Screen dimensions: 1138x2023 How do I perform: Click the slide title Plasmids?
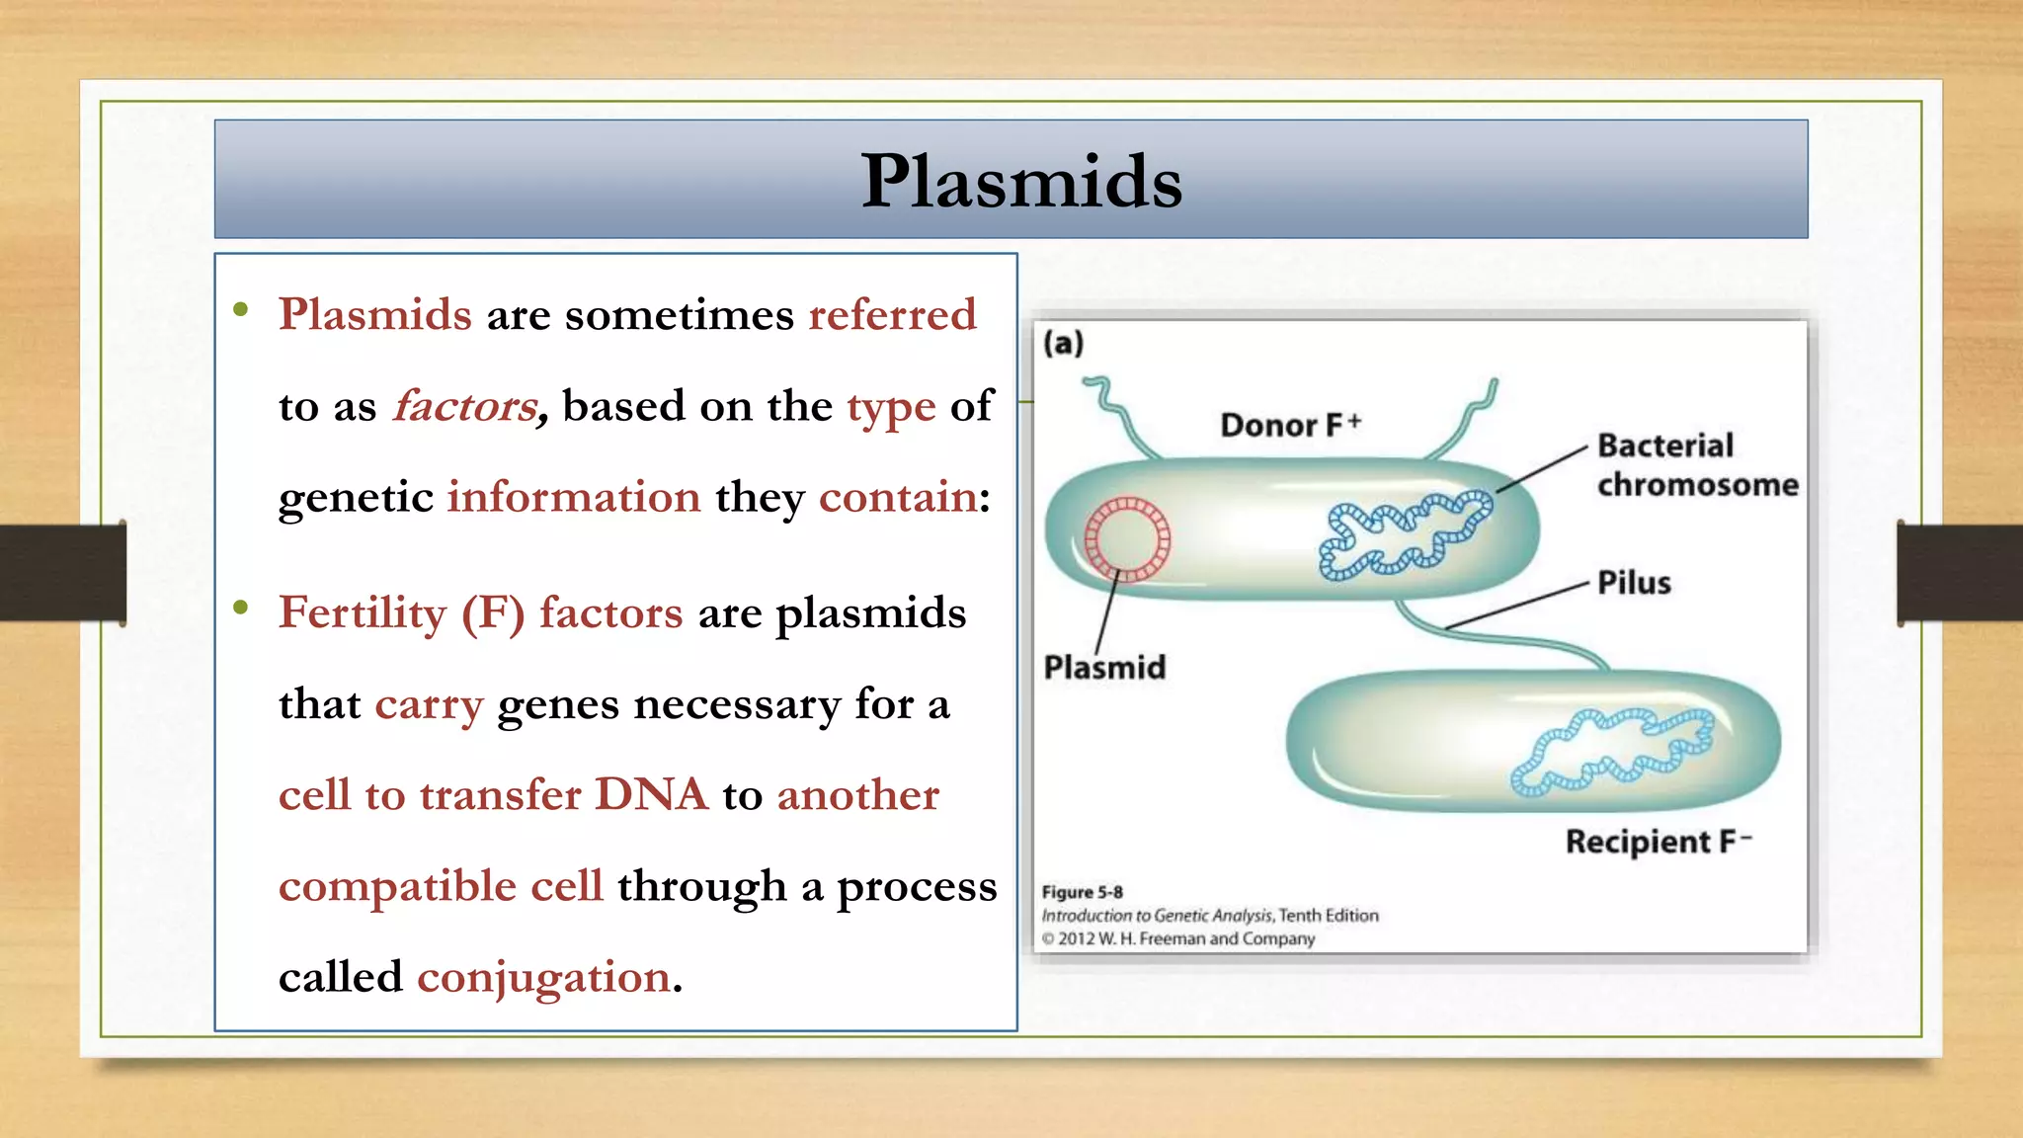click(x=1020, y=182)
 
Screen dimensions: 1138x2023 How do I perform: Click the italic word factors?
click(x=465, y=406)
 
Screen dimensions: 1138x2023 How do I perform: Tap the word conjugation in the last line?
click(x=543, y=977)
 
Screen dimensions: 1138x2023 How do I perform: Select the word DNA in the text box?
click(x=651, y=795)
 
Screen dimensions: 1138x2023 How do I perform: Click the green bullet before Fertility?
click(x=240, y=608)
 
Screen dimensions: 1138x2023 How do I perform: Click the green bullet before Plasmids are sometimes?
click(x=240, y=310)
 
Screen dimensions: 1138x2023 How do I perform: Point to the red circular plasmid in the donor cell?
click(x=1127, y=539)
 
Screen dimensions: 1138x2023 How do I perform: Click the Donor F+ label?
click(x=1290, y=425)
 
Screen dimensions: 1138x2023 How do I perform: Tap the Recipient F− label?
click(x=1658, y=842)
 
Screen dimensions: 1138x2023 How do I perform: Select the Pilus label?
click(x=1634, y=583)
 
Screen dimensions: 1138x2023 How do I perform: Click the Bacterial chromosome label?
click(x=1696, y=465)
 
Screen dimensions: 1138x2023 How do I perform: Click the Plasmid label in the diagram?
click(x=1104, y=668)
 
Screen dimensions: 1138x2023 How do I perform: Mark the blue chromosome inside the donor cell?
click(x=1405, y=534)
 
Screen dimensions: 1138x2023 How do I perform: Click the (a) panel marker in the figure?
click(x=1064, y=343)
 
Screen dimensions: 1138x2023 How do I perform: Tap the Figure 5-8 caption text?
click(x=1082, y=892)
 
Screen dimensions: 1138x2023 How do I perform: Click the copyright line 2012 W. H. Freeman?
click(x=1185, y=938)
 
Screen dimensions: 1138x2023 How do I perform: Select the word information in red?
click(x=574, y=497)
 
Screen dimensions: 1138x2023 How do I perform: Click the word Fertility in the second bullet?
click(x=363, y=612)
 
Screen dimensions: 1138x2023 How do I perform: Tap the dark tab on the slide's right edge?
click(x=1959, y=573)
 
